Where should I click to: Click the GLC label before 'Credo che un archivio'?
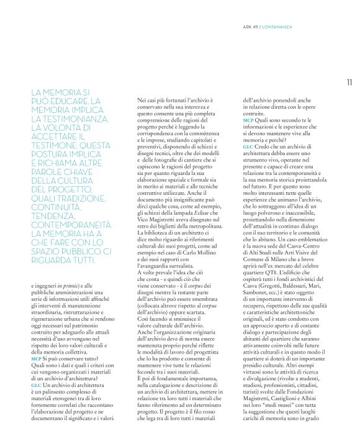[248, 145]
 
